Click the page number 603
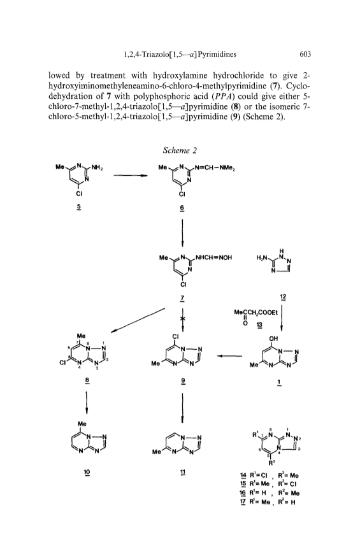coord(305,54)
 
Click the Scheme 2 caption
coord(180,150)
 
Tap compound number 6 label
coord(182,208)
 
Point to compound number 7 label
coord(182,297)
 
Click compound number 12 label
coord(283,297)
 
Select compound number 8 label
coord(87,381)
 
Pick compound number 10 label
coord(87,472)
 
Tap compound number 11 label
coord(182,472)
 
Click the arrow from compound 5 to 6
coord(131,175)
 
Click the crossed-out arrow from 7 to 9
coord(182,320)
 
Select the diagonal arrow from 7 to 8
coord(138,320)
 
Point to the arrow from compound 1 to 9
coord(229,355)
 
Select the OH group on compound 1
coord(273,338)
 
